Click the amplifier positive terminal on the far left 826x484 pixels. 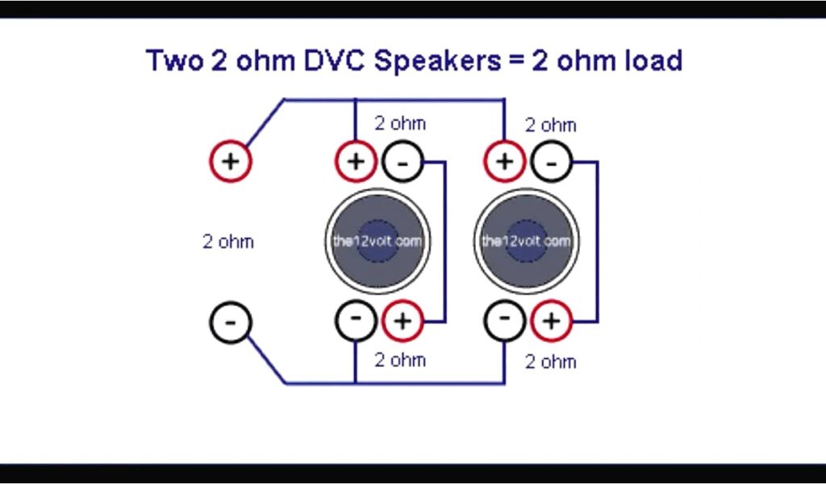(x=231, y=161)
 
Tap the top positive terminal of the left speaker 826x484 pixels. (x=356, y=161)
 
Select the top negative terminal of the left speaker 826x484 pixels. (x=402, y=162)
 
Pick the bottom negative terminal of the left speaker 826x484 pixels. (x=356, y=319)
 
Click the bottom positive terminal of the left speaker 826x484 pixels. (x=402, y=321)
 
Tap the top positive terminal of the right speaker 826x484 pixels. (x=504, y=161)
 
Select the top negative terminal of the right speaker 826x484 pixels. (x=551, y=162)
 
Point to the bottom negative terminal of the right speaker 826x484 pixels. (x=505, y=319)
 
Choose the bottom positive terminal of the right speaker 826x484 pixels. (x=551, y=321)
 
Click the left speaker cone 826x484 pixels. (x=378, y=241)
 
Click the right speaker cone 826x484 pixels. (x=528, y=241)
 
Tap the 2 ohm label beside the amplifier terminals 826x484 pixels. (x=227, y=241)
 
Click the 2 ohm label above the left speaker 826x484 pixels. (x=400, y=124)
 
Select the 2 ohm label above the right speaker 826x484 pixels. (x=551, y=126)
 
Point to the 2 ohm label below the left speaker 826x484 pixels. (x=400, y=360)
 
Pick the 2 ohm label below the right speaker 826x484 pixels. (x=551, y=361)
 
